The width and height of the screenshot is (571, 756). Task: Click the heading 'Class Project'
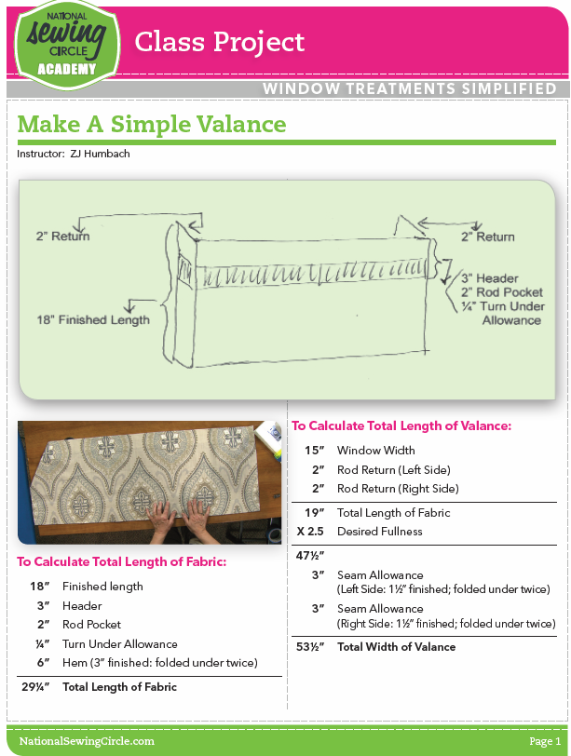pyautogui.click(x=220, y=42)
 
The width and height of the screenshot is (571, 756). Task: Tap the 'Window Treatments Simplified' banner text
pyautogui.click(x=410, y=89)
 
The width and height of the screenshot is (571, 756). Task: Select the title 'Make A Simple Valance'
pyautogui.click(x=152, y=124)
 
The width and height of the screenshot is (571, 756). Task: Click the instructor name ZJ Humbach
pyautogui.click(x=99, y=154)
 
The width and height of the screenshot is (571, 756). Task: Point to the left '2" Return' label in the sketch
pyautogui.click(x=63, y=236)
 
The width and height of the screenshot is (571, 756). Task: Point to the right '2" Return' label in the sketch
pyautogui.click(x=487, y=236)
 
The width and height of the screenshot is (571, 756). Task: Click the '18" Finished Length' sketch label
pyautogui.click(x=92, y=320)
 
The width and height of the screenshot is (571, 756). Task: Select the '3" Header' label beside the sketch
pyautogui.click(x=489, y=278)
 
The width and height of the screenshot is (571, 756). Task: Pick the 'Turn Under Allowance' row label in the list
pyautogui.click(x=119, y=644)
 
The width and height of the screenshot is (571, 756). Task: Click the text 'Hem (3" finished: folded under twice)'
pyautogui.click(x=159, y=663)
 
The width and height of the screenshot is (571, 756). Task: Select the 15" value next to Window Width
pyautogui.click(x=315, y=451)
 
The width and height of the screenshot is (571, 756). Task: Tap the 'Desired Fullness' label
pyautogui.click(x=379, y=532)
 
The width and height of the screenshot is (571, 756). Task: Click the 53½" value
pyautogui.click(x=312, y=647)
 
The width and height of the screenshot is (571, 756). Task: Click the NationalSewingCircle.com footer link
pyautogui.click(x=87, y=741)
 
